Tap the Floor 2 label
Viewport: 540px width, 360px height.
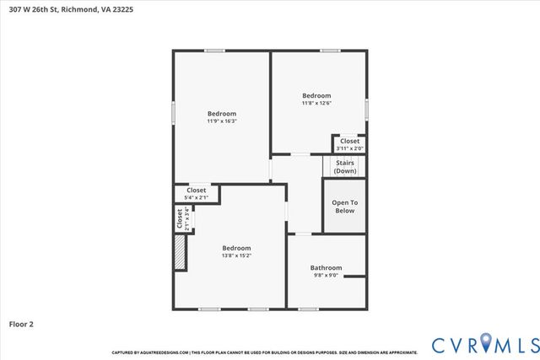tap(21, 323)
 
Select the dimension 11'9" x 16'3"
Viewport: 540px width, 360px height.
tap(222, 121)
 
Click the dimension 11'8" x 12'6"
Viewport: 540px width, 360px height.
tap(316, 104)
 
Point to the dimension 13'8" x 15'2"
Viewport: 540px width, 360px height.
tap(236, 255)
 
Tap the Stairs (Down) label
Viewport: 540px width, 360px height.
tap(344, 166)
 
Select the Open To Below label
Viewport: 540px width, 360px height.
tap(344, 206)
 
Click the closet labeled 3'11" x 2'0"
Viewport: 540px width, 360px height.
tap(349, 144)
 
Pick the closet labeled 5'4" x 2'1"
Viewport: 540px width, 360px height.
tap(197, 194)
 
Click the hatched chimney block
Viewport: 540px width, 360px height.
tap(179, 252)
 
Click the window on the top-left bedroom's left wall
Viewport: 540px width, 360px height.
tap(174, 112)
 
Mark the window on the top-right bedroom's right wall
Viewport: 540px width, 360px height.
tap(367, 109)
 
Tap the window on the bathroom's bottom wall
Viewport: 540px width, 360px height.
tap(309, 309)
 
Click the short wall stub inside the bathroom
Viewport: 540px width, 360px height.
tap(354, 276)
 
